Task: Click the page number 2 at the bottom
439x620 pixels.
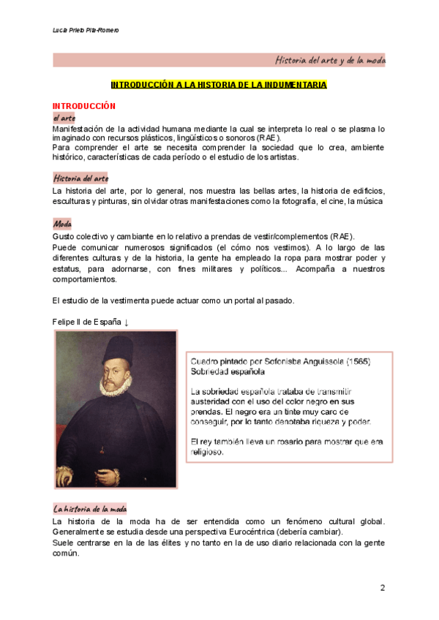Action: (382, 588)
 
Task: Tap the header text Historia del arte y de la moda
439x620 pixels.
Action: (330, 60)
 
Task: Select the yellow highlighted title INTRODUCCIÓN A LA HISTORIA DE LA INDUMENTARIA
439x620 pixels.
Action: (219, 86)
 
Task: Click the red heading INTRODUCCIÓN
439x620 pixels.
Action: (84, 106)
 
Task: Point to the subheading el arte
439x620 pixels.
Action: (64, 118)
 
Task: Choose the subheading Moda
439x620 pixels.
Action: (62, 224)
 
